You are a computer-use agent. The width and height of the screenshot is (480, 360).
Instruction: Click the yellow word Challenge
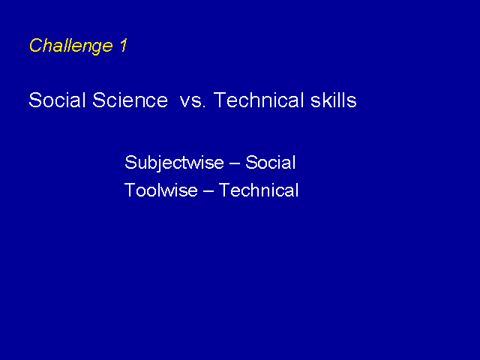pos(71,46)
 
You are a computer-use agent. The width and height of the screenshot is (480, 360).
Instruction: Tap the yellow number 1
pos(123,45)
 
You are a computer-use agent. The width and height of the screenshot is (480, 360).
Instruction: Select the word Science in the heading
pos(130,100)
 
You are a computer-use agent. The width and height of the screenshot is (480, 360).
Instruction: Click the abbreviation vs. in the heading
pos(193,102)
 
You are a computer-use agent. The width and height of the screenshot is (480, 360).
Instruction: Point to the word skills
pos(333,100)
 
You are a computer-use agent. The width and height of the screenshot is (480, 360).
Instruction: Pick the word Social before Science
pos(57,100)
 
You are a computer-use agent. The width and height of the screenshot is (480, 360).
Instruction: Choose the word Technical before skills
pos(259,100)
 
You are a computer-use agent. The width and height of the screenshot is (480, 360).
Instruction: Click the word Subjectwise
pos(174,163)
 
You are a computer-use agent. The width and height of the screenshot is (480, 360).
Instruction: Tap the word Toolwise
pos(161,190)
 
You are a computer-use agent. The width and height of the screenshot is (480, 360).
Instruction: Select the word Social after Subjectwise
pos(271,162)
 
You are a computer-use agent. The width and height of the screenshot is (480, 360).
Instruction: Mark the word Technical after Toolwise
pos(259,190)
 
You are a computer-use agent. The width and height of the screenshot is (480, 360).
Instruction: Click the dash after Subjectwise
pos(235,163)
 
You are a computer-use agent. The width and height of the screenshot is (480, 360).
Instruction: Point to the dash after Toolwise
pos(208,191)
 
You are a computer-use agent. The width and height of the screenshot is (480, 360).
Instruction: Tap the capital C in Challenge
pos(35,45)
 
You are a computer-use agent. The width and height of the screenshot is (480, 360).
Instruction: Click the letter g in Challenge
pos(97,48)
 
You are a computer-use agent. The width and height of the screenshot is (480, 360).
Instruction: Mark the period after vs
pos(203,106)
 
